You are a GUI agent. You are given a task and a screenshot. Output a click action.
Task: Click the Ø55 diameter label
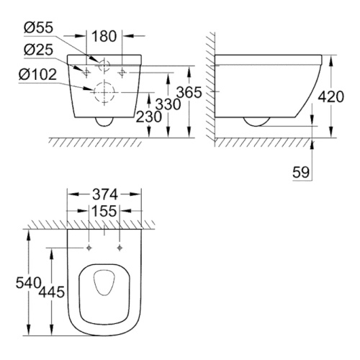[x=38, y=27]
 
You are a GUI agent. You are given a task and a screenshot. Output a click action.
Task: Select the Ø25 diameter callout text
[x=38, y=50]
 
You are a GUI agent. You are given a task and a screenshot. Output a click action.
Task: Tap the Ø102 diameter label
[x=37, y=74]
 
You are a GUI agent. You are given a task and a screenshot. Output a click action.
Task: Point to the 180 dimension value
[x=104, y=36]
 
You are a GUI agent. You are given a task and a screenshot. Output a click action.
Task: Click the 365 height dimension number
[x=189, y=92]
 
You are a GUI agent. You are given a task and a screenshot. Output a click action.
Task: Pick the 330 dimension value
[x=168, y=104]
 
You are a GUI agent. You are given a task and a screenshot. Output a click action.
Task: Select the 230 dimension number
[x=149, y=117]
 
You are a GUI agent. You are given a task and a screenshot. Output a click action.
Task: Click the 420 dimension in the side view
[x=331, y=97]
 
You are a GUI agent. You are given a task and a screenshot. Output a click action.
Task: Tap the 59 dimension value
[x=301, y=172]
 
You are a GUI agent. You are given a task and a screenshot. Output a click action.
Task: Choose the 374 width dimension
[x=105, y=194]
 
